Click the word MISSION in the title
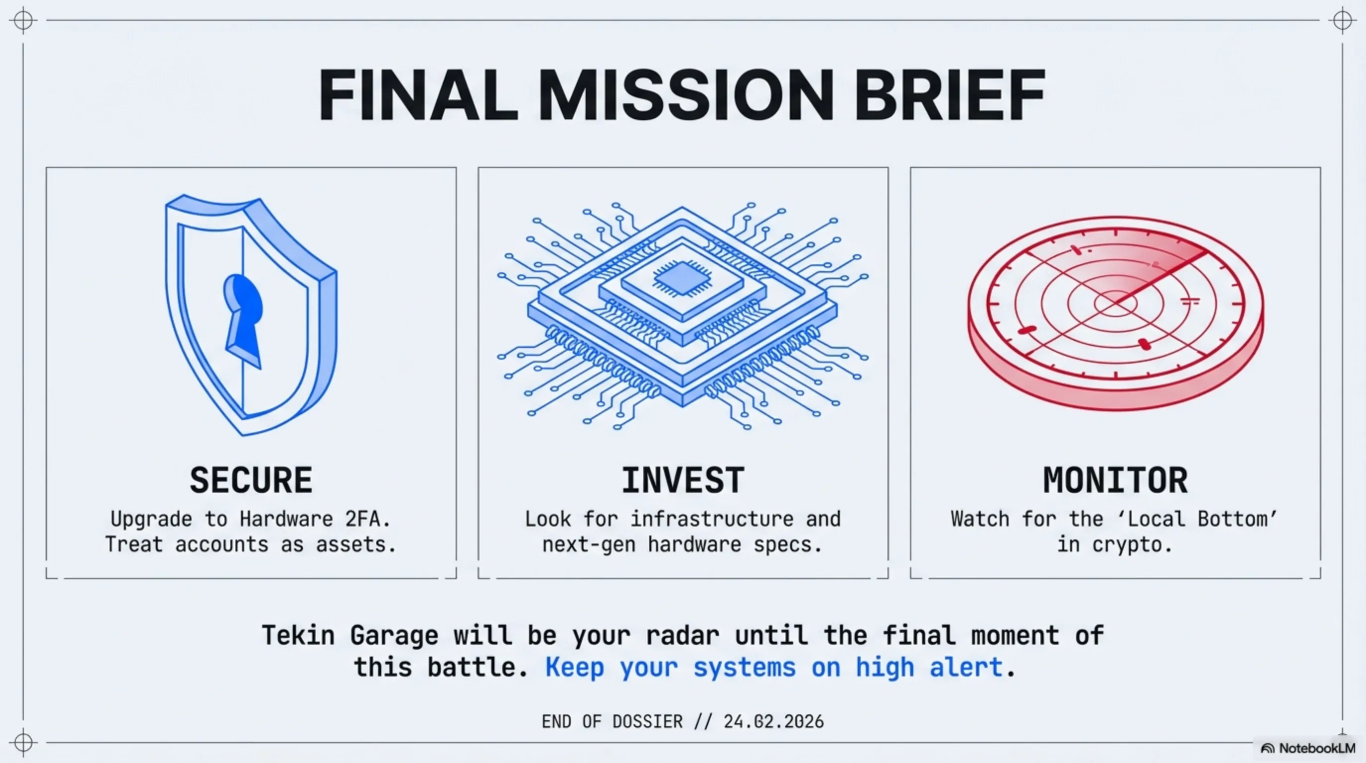(x=686, y=96)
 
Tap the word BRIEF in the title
(x=950, y=96)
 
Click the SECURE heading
(x=251, y=480)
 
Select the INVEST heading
(x=683, y=480)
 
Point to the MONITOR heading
(x=1115, y=480)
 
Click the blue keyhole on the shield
(x=243, y=320)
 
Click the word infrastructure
(x=712, y=519)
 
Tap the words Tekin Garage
(x=350, y=635)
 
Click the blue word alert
(x=965, y=667)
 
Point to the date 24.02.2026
(x=774, y=722)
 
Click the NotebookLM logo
(x=1307, y=748)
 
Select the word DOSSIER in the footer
(x=647, y=722)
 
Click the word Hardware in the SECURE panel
(x=286, y=519)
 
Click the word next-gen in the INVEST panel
(x=589, y=545)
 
